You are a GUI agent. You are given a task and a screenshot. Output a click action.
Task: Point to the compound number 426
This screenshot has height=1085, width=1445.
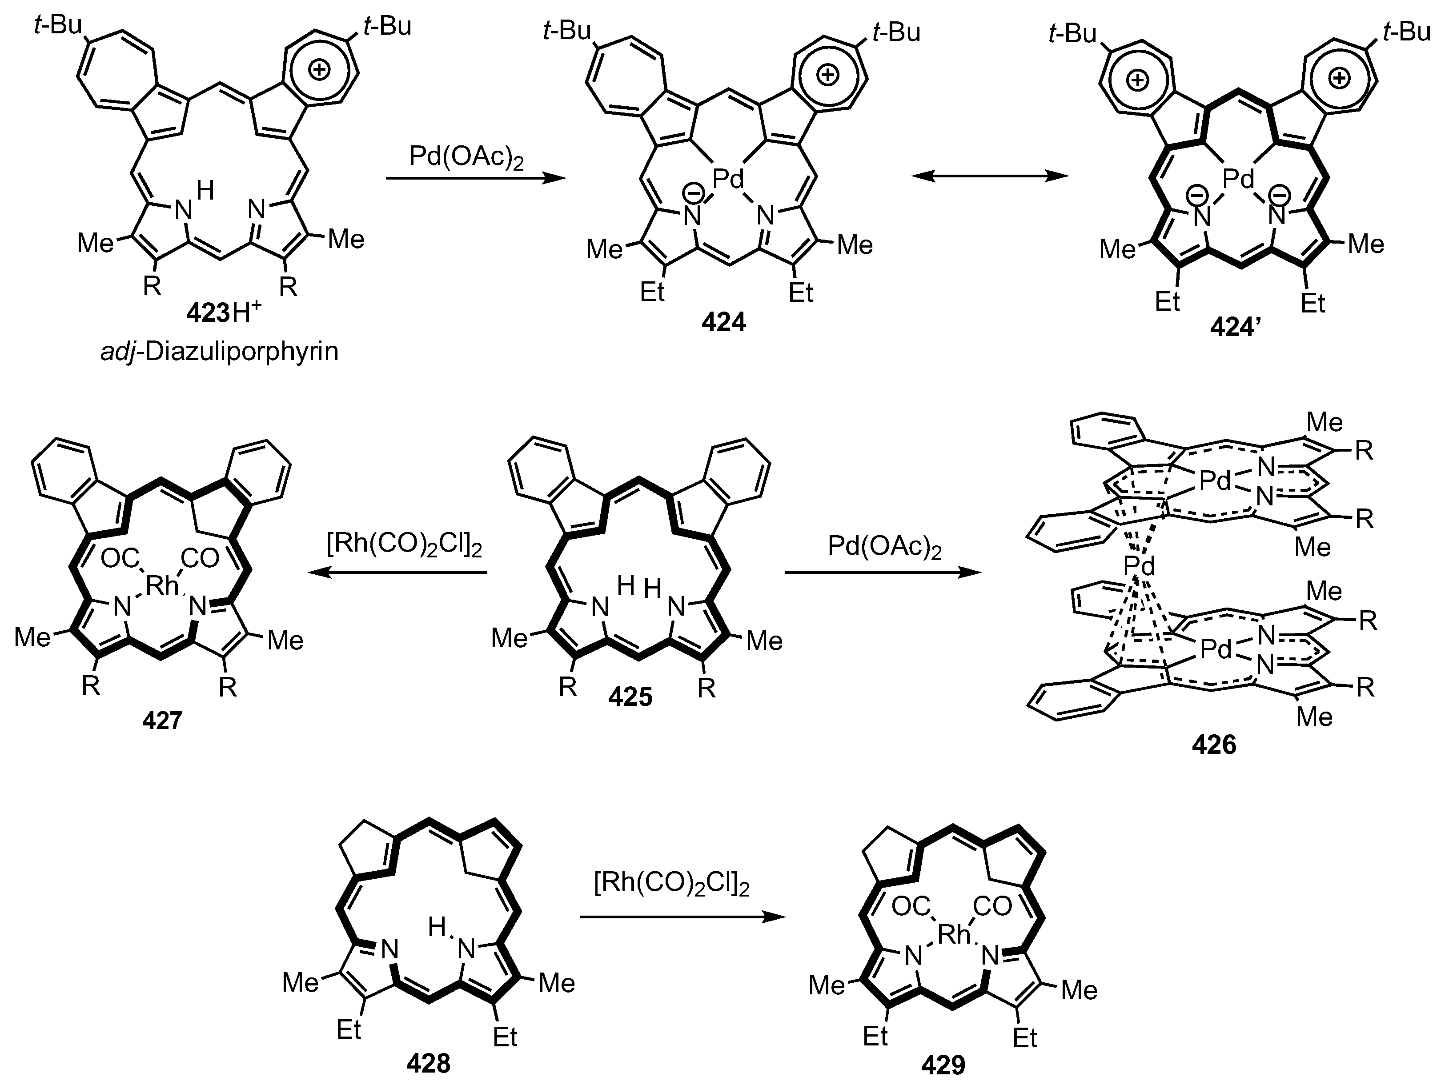coord(1214,745)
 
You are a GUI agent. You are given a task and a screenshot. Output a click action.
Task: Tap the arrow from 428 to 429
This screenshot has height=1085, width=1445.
coord(682,917)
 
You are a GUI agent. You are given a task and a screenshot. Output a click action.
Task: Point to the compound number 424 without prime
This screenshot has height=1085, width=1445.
coord(724,323)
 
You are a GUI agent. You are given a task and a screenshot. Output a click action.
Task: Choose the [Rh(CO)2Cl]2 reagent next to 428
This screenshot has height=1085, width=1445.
coord(671,885)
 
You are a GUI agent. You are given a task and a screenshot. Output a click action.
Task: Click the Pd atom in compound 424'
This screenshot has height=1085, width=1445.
coord(1238,178)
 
